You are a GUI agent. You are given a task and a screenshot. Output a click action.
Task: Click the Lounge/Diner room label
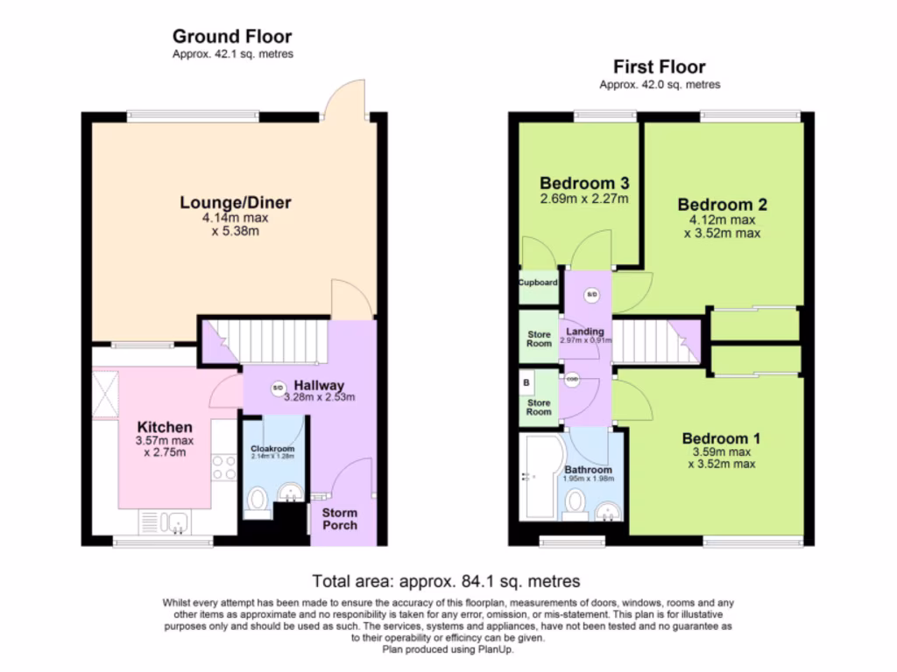tap(235, 203)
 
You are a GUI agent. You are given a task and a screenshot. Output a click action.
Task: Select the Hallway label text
tap(319, 385)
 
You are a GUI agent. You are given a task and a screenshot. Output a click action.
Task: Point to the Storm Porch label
tap(340, 518)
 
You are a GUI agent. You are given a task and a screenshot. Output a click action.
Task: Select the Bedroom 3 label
tap(584, 184)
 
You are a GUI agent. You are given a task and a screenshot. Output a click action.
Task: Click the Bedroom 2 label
tap(722, 205)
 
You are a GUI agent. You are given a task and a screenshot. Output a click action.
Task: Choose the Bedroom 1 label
tap(722, 438)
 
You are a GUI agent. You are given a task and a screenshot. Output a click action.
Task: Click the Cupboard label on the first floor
tap(538, 283)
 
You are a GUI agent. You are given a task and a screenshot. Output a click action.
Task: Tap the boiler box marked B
tap(526, 383)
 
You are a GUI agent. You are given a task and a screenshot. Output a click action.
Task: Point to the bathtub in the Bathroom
tap(536, 477)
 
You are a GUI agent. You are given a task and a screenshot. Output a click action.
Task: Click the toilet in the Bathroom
tap(576, 504)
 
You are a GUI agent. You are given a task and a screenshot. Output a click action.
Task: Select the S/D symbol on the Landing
tap(591, 294)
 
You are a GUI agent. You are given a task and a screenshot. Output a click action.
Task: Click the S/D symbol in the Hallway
tap(278, 388)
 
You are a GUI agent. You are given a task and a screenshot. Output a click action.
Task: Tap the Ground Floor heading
tap(232, 36)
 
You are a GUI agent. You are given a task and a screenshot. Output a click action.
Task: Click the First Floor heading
tap(659, 67)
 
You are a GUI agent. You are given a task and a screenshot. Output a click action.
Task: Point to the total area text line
tap(447, 581)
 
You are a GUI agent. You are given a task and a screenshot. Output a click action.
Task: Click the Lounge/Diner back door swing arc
tap(342, 96)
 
